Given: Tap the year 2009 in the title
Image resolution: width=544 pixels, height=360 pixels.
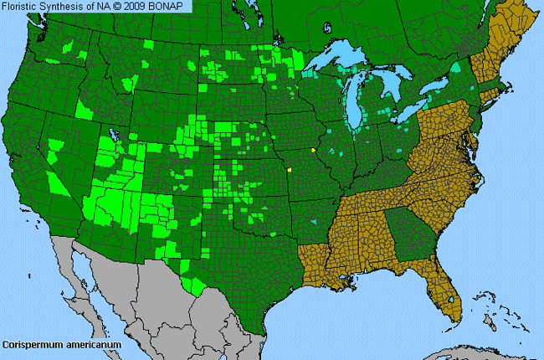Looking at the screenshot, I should point(141,7).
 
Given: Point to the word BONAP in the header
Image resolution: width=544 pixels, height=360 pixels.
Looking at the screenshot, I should point(173,7).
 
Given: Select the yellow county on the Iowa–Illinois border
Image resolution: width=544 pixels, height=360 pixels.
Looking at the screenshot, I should point(313,150).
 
